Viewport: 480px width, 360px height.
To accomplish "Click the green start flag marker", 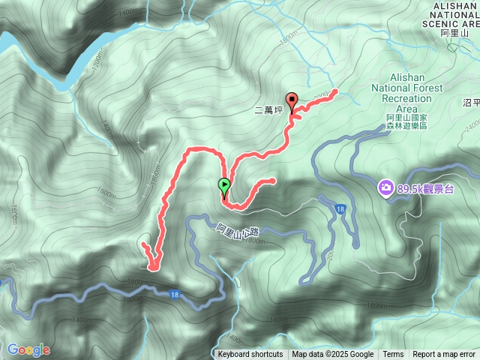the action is (x=223, y=185).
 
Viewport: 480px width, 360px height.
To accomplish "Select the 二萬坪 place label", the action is (x=267, y=110).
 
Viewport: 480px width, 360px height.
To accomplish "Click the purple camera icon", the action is (x=385, y=186).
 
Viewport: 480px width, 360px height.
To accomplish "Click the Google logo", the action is (x=28, y=349).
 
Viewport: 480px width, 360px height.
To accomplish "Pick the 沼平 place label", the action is (x=472, y=102).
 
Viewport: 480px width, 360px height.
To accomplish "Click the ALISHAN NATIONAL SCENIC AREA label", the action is (x=454, y=14).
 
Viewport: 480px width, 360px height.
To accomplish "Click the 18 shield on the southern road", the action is (x=174, y=295).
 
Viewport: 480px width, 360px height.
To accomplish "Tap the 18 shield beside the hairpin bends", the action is (x=341, y=208).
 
